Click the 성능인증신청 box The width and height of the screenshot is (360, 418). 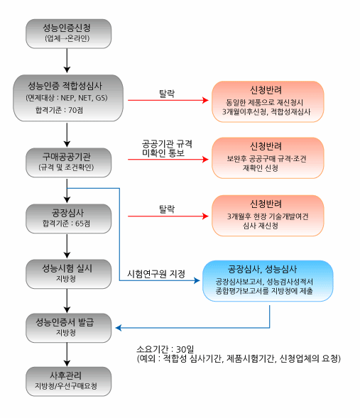click(x=69, y=33)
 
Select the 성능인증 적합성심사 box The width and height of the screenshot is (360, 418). click(x=68, y=98)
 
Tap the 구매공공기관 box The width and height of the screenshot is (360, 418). click(x=69, y=163)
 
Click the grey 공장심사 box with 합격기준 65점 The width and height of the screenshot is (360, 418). click(x=69, y=219)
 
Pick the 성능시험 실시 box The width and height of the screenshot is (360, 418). click(x=69, y=274)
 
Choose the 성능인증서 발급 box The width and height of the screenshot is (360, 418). click(x=69, y=328)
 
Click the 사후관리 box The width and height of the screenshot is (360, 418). click(x=69, y=381)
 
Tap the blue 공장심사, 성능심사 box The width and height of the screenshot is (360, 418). click(x=268, y=281)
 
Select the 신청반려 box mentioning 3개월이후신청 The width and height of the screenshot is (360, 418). click(x=268, y=101)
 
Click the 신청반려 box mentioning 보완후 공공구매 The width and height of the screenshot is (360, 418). click(x=268, y=158)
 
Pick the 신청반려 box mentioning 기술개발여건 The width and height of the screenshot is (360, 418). click(x=268, y=216)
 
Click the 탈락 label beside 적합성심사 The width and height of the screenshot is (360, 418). click(x=167, y=94)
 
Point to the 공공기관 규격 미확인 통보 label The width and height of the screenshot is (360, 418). click(x=167, y=148)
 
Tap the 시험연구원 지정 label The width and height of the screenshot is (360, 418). click(x=156, y=274)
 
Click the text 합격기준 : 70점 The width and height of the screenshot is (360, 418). click(x=59, y=110)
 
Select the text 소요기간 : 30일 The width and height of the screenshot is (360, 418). click(x=165, y=349)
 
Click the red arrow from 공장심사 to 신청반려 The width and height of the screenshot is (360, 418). click(x=168, y=216)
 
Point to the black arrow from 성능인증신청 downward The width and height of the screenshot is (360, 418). click(x=67, y=61)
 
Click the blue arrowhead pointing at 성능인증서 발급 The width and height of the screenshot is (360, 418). click(x=119, y=328)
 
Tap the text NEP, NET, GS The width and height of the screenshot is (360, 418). click(x=84, y=98)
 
